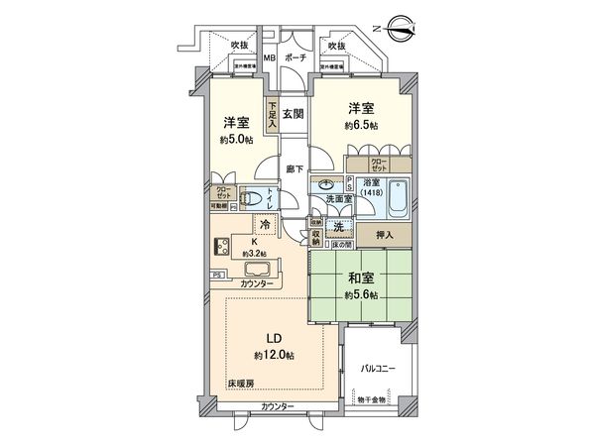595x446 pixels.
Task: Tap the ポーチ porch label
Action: [x=294, y=58]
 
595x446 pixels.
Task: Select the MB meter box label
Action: [x=268, y=58]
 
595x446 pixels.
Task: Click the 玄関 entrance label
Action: [x=293, y=114]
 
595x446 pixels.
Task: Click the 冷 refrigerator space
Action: [x=254, y=225]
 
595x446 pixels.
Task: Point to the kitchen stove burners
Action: [x=220, y=248]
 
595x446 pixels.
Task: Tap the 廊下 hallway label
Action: [x=294, y=168]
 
